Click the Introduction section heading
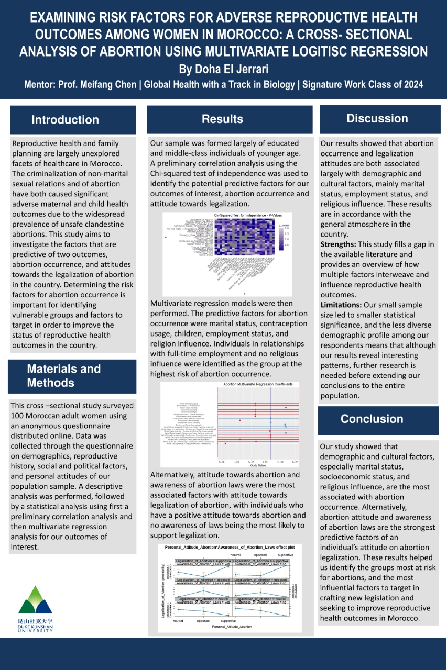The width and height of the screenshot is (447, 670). pyautogui.click(x=65, y=120)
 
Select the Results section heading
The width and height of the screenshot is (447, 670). pyautogui.click(x=223, y=119)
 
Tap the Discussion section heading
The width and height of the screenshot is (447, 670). pyautogui.click(x=377, y=118)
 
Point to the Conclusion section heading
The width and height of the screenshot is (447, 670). pyautogui.click(x=372, y=419)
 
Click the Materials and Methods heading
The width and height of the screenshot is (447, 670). pyautogui.click(x=64, y=375)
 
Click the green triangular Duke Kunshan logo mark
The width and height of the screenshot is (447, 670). pyautogui.click(x=36, y=600)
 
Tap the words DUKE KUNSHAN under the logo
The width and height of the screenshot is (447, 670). pyautogui.click(x=36, y=626)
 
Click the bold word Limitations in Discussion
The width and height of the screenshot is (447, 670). pyautogui.click(x=342, y=304)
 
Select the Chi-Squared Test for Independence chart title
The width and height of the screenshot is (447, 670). pyautogui.click(x=244, y=215)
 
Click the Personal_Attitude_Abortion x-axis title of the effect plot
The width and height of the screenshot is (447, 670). pyautogui.click(x=232, y=626)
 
